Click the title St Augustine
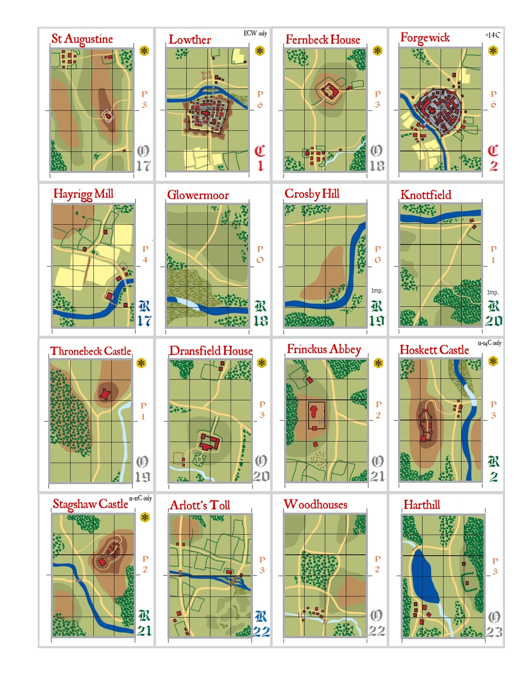tap(82, 39)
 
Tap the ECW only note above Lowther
tap(255, 33)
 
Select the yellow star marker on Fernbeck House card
tap(377, 51)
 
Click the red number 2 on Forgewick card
tap(494, 166)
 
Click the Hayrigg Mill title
tap(83, 194)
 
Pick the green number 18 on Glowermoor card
tap(260, 321)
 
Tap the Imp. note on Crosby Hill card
tap(377, 291)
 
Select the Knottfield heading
tap(426, 195)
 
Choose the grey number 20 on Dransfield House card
tap(261, 476)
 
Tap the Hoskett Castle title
tap(434, 350)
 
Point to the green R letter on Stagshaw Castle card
tap(144, 615)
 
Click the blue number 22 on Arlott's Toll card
tap(261, 632)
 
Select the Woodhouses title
tap(315, 504)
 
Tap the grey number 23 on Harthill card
tap(494, 632)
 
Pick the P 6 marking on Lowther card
tap(260, 100)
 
